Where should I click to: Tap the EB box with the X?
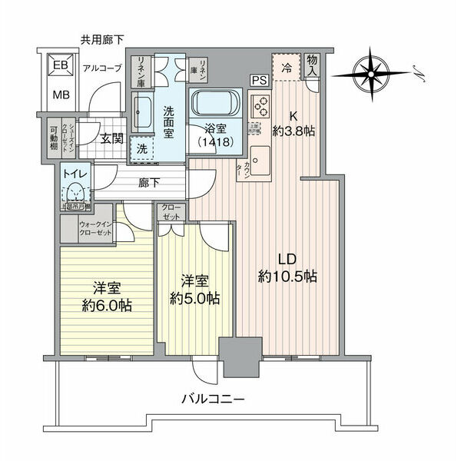(x=59, y=66)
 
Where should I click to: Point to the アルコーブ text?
(x=102, y=68)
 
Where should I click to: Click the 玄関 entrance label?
(x=111, y=138)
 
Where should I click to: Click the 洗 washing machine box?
(x=142, y=148)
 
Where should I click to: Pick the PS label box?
(x=257, y=79)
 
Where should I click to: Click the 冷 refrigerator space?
(x=285, y=66)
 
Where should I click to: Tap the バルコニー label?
(x=213, y=400)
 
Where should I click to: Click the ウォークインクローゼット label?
(x=95, y=229)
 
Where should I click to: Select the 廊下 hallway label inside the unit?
(x=150, y=184)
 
